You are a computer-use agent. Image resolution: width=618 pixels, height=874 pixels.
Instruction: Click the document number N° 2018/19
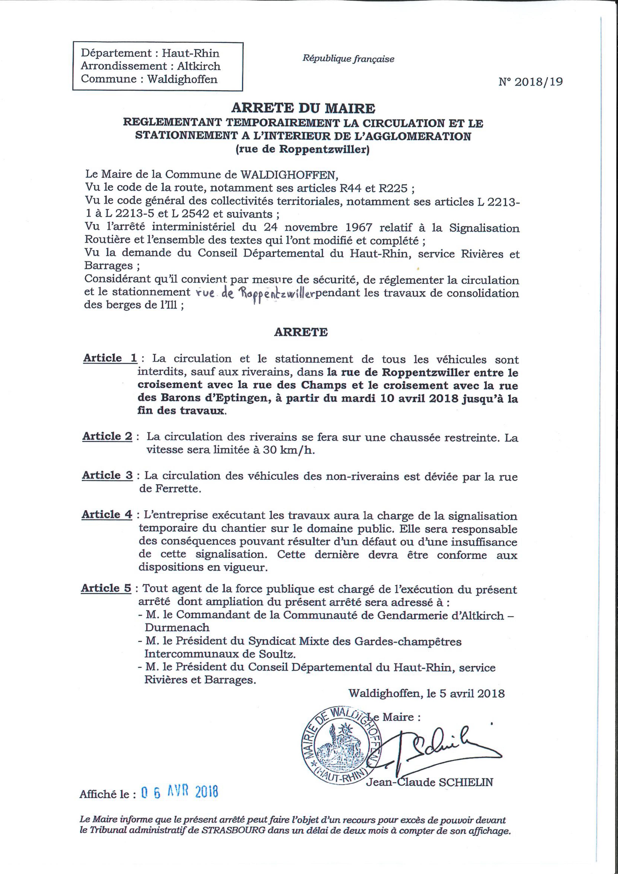point(530,82)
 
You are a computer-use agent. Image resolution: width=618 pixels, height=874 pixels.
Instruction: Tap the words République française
point(348,59)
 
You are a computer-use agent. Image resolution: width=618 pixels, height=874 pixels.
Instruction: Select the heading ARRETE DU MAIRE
point(303,109)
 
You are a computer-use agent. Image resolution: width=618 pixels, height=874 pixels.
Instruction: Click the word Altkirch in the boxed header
point(199,66)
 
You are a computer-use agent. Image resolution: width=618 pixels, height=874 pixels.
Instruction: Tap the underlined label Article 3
point(107,475)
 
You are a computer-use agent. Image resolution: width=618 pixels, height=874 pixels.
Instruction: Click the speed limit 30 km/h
point(290,450)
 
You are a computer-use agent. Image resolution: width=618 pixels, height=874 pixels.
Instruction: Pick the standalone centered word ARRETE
point(301,332)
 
